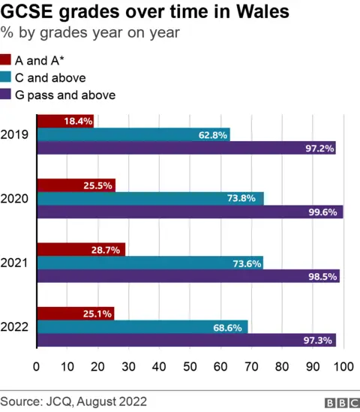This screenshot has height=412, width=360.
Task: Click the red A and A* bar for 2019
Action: click(x=65, y=121)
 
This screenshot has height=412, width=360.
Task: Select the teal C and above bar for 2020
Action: click(x=150, y=198)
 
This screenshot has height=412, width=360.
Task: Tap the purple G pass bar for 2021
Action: click(x=188, y=275)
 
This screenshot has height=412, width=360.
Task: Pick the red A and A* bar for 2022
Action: click(x=76, y=313)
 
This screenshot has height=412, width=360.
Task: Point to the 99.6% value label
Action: click(x=325, y=212)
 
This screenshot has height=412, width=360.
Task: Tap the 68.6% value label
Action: click(x=229, y=327)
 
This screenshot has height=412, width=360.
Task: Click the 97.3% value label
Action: click(x=318, y=341)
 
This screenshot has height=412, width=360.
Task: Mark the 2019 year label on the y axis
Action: click(x=14, y=134)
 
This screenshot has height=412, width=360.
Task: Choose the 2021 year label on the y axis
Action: click(x=14, y=263)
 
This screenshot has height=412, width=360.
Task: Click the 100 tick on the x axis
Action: click(x=343, y=367)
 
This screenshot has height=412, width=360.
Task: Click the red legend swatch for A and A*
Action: click(x=6, y=60)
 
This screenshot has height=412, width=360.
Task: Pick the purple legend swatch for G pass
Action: click(x=6, y=95)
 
